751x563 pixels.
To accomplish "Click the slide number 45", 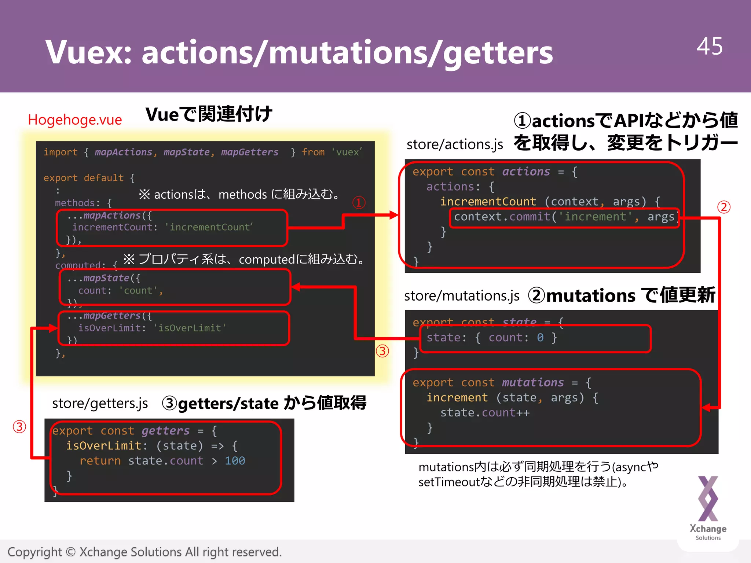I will (709, 47).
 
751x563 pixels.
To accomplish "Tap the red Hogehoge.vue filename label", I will (75, 120).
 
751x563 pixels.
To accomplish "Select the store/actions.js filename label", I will (454, 144).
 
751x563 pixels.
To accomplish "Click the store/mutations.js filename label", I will (461, 296).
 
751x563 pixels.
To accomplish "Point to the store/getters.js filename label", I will (100, 403).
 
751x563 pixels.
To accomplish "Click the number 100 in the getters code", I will (235, 461).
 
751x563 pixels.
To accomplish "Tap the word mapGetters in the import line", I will (249, 152).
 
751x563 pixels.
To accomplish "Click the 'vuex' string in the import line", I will (347, 152).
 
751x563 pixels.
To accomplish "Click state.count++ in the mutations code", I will (485, 413).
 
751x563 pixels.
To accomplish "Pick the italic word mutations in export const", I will (532, 383).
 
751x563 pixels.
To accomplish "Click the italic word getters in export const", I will (165, 431).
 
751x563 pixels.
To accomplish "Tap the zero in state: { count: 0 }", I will (540, 338).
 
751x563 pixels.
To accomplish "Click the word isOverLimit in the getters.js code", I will (103, 446).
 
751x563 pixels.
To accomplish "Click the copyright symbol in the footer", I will (71, 552).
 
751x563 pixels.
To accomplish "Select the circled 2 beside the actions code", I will (723, 207).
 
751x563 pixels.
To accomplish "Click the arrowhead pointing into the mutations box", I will (706, 407).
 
